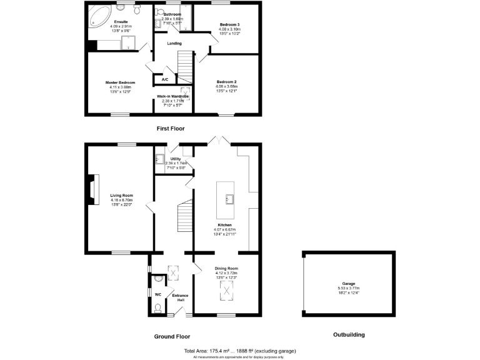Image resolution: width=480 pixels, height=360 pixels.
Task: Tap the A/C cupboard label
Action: click(165, 80)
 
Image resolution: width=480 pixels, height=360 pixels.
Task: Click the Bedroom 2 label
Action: click(227, 82)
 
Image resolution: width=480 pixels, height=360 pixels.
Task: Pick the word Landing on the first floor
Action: click(174, 43)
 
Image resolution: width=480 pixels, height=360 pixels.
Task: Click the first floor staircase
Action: click(184, 65)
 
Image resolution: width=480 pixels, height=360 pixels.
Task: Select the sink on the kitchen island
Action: click(229, 199)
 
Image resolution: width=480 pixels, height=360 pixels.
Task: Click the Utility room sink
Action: click(159, 159)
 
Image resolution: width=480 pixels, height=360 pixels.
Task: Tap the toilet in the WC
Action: click(157, 307)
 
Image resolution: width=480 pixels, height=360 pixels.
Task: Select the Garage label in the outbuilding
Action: click(348, 283)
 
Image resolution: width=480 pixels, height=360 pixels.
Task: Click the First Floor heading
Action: click(170, 128)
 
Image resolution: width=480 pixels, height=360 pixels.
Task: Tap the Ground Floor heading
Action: click(172, 336)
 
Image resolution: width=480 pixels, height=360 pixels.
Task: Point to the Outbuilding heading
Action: click(348, 335)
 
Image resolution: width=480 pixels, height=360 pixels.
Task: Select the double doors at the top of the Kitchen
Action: click(217, 140)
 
